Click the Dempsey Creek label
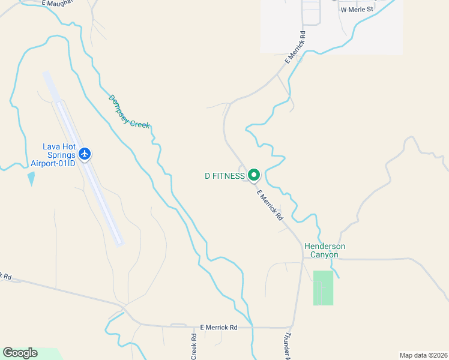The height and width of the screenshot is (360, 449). point(129,112)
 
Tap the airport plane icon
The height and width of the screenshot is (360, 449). point(85,154)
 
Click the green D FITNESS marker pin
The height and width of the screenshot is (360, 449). point(253,175)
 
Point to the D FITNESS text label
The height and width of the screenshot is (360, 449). point(224,176)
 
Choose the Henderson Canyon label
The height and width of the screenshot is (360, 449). point(325,250)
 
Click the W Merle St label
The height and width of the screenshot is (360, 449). point(357,10)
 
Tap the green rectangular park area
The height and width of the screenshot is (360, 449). point(323,288)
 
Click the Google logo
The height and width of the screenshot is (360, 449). point(20,353)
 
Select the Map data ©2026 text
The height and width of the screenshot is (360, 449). point(423,355)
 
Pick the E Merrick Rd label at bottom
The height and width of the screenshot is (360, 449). point(218,327)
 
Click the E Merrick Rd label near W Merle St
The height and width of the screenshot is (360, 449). point(295,47)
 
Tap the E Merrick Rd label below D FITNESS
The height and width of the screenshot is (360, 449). point(270,205)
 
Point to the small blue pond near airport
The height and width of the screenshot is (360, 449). point(31,178)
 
